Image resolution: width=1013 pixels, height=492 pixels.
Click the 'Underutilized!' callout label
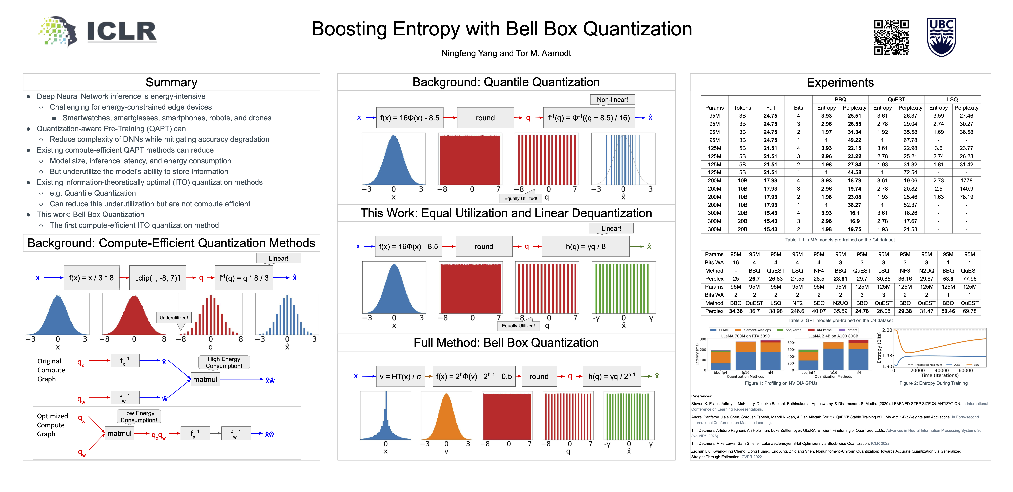173,318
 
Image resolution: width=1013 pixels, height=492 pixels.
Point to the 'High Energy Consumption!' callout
224,362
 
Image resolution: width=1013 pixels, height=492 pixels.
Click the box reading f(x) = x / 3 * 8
91,278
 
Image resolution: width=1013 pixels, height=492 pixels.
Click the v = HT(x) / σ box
400,376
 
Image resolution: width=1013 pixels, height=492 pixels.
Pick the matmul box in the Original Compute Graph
205,379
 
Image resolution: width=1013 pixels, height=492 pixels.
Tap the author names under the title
506,53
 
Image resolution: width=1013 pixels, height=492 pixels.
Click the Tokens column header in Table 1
742,108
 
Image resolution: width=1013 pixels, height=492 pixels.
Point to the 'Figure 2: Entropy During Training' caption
933,383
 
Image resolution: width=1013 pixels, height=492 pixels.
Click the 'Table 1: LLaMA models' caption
840,240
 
